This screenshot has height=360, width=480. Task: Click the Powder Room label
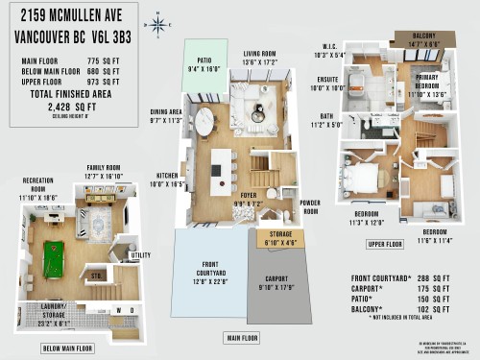309,206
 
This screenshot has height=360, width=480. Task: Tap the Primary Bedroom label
426,91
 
